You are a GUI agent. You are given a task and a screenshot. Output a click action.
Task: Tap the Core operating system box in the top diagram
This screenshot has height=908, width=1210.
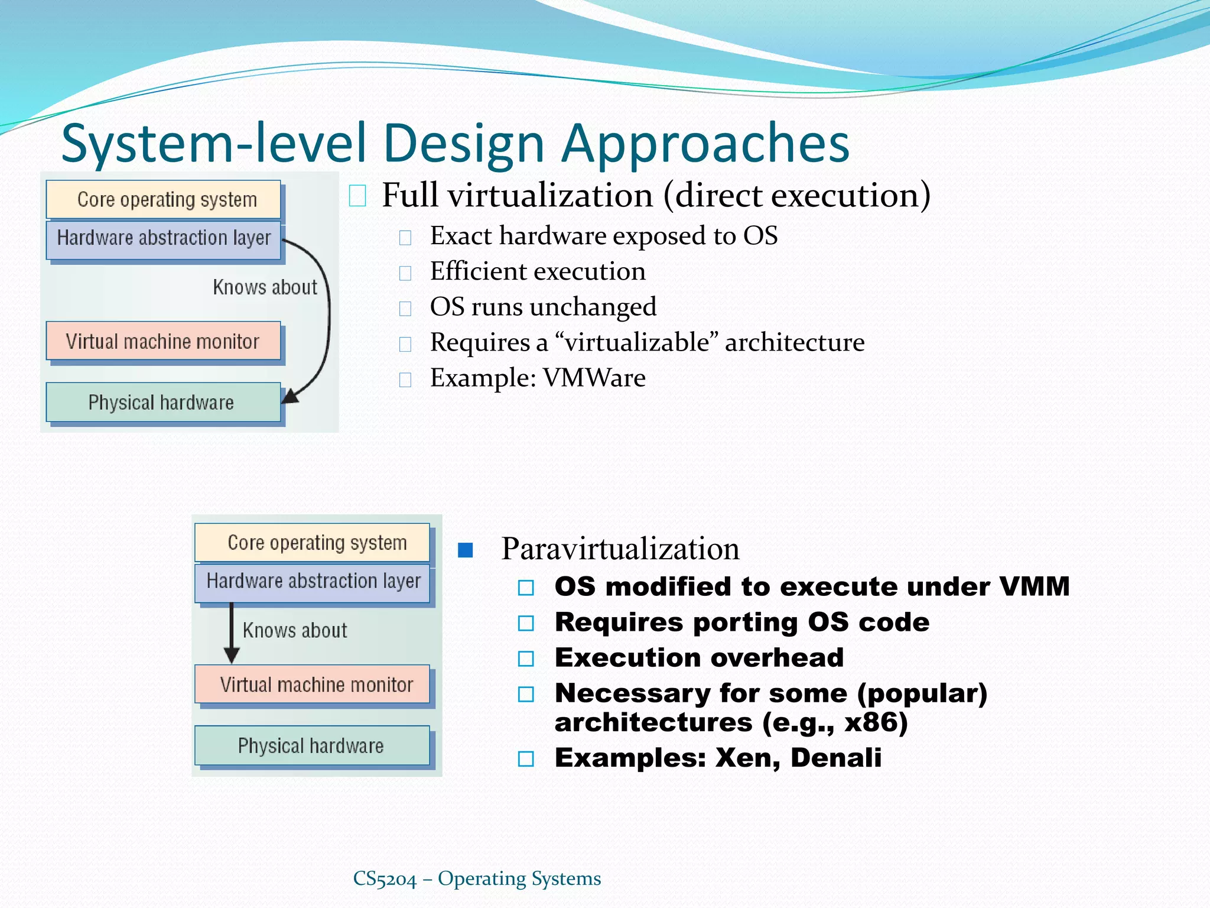coord(164,199)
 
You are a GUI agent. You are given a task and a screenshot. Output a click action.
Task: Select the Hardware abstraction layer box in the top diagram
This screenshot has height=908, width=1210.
coord(164,238)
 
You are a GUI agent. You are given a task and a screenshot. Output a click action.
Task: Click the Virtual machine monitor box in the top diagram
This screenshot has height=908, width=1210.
coord(164,341)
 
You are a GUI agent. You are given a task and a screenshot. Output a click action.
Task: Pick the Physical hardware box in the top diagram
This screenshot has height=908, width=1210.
coord(164,403)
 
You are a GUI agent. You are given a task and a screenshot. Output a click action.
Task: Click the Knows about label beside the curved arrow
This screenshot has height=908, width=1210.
coord(265,287)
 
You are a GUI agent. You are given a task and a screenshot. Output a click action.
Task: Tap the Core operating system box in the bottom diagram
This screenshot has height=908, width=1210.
coord(313,542)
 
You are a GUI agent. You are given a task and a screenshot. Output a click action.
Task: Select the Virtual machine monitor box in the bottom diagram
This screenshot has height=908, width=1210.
coord(313,685)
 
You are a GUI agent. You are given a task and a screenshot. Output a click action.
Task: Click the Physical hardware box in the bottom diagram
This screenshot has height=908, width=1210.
coord(313,746)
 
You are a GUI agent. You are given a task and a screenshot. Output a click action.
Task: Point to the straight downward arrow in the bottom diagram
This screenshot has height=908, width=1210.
coord(232,633)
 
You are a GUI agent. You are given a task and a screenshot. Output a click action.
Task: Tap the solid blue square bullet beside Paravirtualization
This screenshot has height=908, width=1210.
coord(466,550)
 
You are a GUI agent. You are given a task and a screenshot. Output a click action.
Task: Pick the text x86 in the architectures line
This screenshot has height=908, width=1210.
coord(869,722)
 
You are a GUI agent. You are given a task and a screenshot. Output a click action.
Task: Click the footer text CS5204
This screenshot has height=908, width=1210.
coord(385,879)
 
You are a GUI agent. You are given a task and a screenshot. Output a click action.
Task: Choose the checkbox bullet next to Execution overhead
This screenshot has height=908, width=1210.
coord(526,659)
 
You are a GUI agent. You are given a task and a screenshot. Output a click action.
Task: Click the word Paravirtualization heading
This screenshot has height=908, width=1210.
coord(620,549)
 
